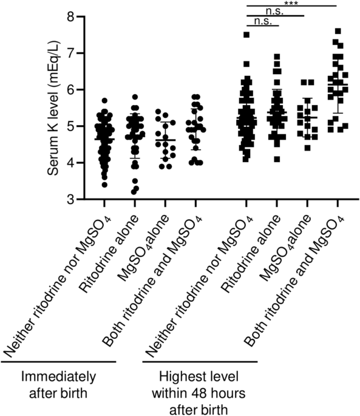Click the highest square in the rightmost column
338,31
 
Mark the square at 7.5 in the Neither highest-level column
246,35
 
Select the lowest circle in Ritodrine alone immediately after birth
134,191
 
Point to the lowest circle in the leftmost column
104,184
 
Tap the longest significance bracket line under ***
292,7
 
